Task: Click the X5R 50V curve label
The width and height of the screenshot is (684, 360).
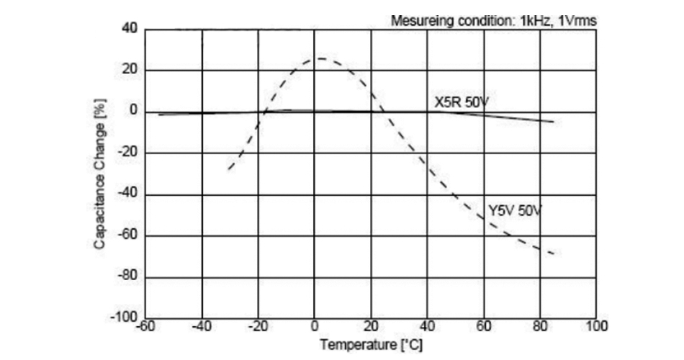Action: (x=462, y=102)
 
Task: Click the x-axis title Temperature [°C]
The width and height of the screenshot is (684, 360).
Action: (x=367, y=343)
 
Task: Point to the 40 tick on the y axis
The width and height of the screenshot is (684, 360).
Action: (x=130, y=30)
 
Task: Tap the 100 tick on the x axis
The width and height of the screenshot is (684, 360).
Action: (x=597, y=326)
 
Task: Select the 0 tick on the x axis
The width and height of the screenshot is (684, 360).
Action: (x=315, y=326)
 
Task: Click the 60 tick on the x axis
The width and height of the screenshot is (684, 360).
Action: (x=484, y=326)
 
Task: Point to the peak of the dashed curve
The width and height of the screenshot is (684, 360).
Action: (x=320, y=58)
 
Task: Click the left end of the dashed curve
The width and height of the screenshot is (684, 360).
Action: (x=229, y=169)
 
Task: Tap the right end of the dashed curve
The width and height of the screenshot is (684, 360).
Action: (x=554, y=254)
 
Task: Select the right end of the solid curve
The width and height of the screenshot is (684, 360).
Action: (x=554, y=122)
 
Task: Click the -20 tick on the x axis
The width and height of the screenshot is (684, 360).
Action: (x=258, y=326)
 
